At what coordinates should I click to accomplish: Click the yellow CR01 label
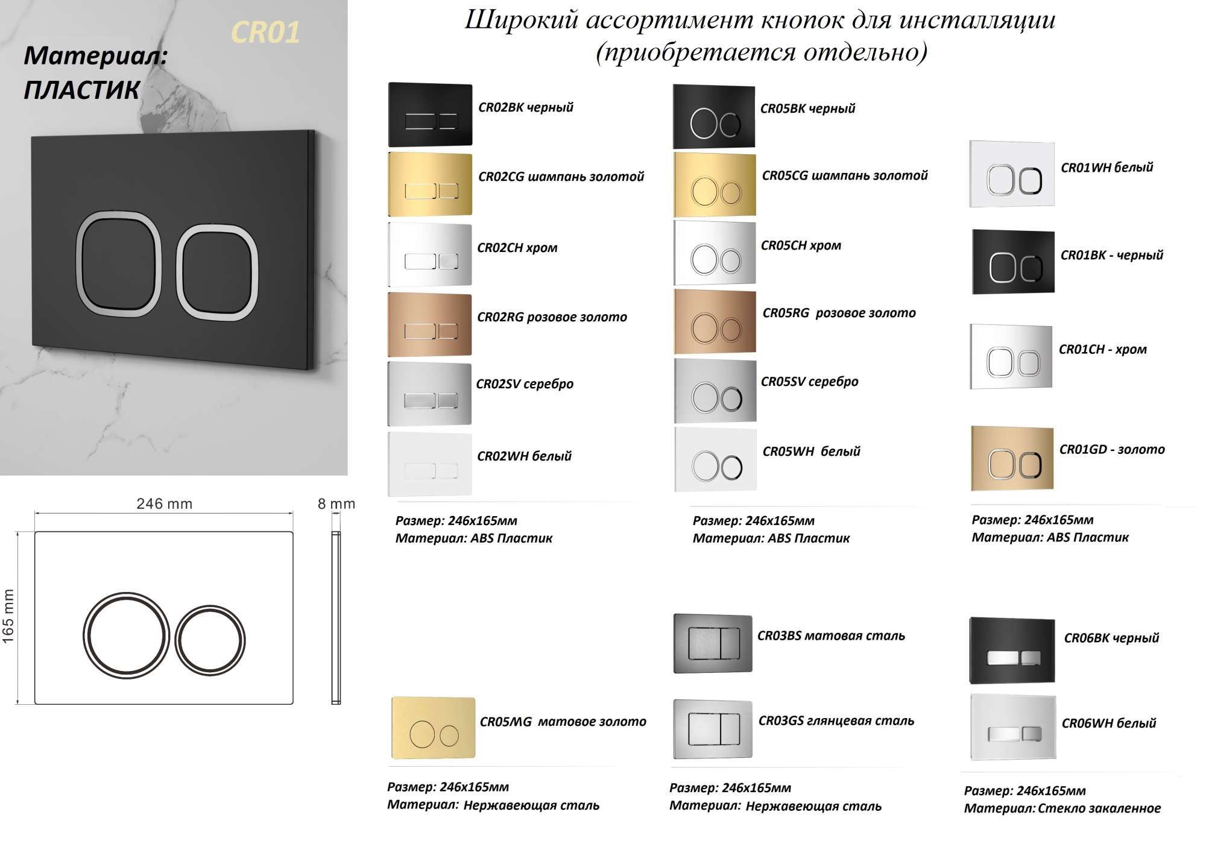[265, 33]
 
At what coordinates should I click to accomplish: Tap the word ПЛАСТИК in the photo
[81, 90]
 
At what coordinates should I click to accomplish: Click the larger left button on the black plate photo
[119, 263]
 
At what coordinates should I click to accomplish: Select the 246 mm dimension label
[164, 503]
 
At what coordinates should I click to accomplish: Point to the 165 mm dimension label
[8, 616]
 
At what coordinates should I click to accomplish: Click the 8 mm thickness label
[336, 503]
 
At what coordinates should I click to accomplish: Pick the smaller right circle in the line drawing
[210, 640]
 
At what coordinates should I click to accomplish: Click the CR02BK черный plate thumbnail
[430, 115]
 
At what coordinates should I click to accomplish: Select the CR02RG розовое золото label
[552, 317]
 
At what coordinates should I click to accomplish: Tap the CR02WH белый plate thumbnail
[430, 464]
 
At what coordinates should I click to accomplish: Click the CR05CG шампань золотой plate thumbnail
[715, 185]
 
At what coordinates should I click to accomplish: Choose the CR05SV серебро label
[809, 382]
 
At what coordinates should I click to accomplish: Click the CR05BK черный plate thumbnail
[714, 116]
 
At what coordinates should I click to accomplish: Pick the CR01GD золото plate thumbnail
[1012, 458]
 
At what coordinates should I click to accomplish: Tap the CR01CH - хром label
[1102, 350]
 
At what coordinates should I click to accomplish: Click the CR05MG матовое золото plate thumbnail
[433, 728]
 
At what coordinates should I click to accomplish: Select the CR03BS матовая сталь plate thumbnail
[713, 643]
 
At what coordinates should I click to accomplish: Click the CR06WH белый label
[1108, 723]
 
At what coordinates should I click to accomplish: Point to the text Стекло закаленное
[1099, 808]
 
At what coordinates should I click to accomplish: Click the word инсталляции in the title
[977, 20]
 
